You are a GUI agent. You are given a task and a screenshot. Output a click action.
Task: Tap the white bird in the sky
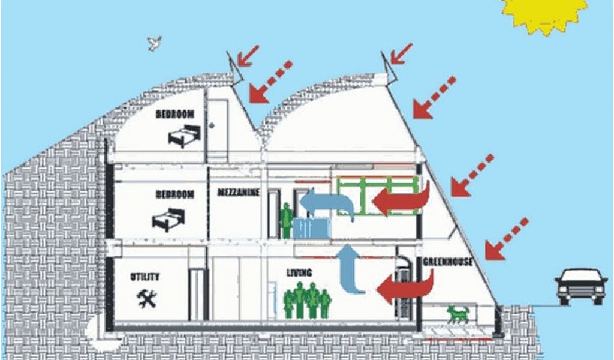click(x=155, y=43)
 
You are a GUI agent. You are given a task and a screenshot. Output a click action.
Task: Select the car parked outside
click(x=580, y=285)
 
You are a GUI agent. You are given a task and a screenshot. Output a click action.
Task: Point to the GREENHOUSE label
click(x=448, y=262)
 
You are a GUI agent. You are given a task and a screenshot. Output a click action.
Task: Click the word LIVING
click(x=299, y=274)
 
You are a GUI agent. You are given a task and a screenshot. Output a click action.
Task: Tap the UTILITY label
click(x=145, y=277)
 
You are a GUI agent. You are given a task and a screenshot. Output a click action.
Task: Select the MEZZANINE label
click(x=239, y=192)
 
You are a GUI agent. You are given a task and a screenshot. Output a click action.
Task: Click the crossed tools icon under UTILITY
click(x=146, y=298)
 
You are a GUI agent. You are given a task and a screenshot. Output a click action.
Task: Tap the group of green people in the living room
click(x=308, y=299)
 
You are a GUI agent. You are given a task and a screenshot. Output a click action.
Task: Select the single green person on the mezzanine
click(x=287, y=220)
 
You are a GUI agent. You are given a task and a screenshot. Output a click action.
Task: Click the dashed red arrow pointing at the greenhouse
click(x=506, y=239)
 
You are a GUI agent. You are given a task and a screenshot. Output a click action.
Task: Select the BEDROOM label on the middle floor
click(x=175, y=194)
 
